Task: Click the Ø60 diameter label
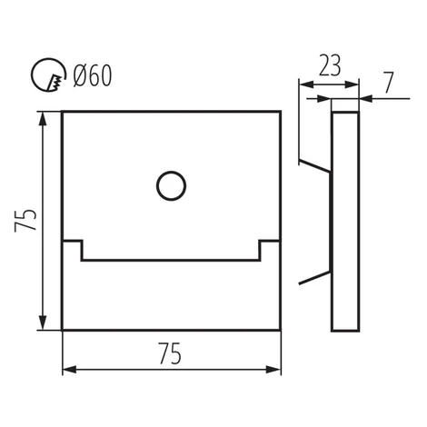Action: pos(93,75)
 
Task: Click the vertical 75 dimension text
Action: pos(25,220)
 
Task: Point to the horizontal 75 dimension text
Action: pos(170,353)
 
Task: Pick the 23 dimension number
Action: pos(330,65)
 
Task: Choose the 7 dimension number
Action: pos(389,82)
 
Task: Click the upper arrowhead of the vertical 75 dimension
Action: pos(43,119)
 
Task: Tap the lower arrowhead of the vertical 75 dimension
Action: pos(43,323)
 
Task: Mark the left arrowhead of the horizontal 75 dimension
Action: pos(69,370)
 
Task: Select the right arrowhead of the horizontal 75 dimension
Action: pos(273,370)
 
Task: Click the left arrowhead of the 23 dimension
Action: pos(306,84)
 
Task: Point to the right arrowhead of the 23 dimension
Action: pos(352,84)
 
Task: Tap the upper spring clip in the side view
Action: pos(314,165)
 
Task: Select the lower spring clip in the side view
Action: pos(314,278)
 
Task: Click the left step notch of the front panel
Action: pos(73,251)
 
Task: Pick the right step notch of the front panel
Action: pos(269,251)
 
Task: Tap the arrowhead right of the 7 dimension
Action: pos(365,98)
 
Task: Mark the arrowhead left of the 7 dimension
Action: pos(323,98)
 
